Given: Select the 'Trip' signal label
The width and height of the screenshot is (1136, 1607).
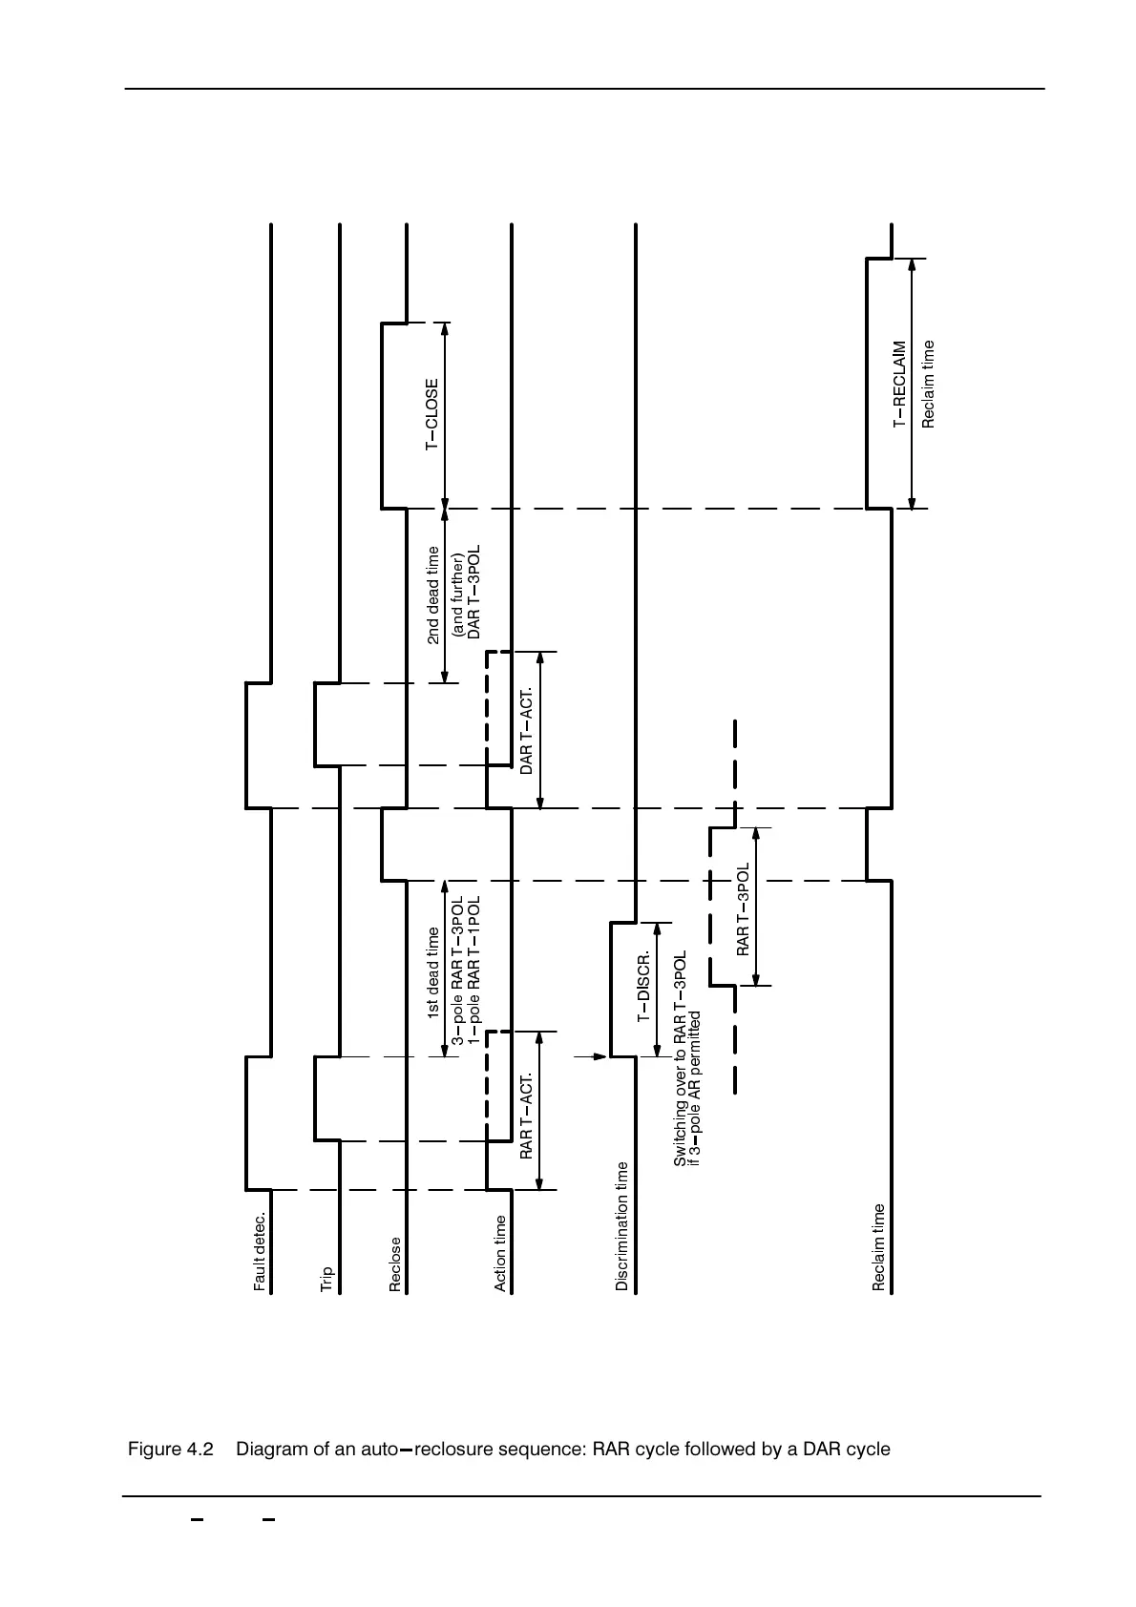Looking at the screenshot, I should tap(327, 1279).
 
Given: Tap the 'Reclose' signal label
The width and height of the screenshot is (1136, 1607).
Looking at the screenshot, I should tap(395, 1264).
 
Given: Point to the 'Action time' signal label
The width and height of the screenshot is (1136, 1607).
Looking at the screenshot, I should tap(500, 1253).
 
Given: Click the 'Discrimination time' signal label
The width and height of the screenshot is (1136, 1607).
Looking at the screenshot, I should tap(622, 1226).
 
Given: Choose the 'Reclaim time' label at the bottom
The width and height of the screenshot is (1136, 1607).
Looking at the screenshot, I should tap(879, 1247).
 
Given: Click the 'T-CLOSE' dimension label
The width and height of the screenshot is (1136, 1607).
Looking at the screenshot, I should tap(432, 415).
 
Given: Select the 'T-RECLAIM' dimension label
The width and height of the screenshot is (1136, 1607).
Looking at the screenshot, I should tap(899, 385).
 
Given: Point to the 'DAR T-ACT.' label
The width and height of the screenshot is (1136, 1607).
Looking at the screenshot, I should tap(526, 731).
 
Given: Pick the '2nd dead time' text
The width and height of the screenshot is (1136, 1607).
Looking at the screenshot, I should tap(433, 595).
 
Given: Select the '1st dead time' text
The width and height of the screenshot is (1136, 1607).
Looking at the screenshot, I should tap(433, 973).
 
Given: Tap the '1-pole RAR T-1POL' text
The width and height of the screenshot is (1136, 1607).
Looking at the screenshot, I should tap(473, 969).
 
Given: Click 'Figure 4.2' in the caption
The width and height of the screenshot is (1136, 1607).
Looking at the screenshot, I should tap(170, 1450).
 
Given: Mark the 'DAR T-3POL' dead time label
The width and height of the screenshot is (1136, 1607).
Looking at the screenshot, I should tap(474, 593).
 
